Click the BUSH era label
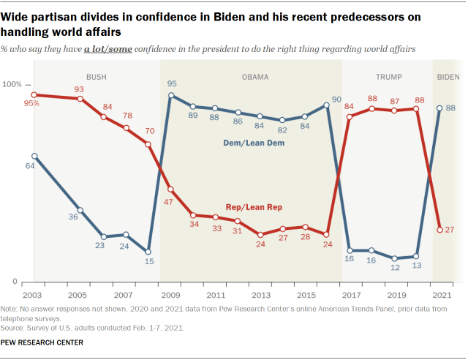[x=96, y=76]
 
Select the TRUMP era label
[x=387, y=76]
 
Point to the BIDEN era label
[x=448, y=76]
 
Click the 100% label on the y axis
[x=15, y=85]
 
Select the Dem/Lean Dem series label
[x=253, y=143]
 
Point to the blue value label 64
[x=30, y=166]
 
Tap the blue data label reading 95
[x=172, y=83]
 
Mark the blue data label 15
[x=149, y=262]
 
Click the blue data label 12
[x=395, y=268]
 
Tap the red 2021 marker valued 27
[x=439, y=230]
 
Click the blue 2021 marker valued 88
[x=439, y=108]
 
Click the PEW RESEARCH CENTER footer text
[x=42, y=342]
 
